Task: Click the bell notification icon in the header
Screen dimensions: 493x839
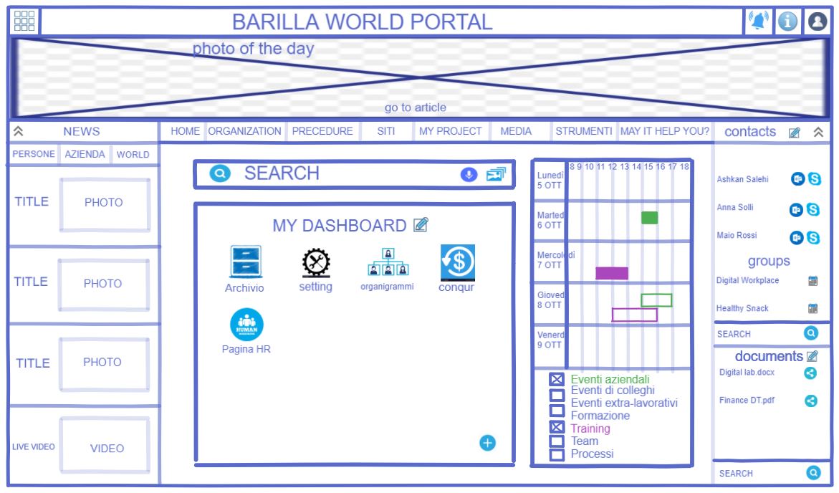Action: [x=757, y=21]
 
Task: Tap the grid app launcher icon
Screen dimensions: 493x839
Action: [x=24, y=21]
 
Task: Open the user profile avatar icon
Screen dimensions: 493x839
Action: [x=818, y=22]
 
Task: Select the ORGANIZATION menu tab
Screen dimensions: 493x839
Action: [x=244, y=132]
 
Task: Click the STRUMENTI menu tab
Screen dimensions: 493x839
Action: [x=583, y=132]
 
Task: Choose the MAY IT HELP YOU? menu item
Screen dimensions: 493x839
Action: [x=664, y=132]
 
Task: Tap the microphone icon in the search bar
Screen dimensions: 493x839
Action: [x=469, y=174]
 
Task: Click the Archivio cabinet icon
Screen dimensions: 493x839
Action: [x=244, y=262]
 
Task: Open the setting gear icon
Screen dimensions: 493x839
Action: [x=316, y=263]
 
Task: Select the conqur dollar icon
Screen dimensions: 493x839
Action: [x=456, y=263]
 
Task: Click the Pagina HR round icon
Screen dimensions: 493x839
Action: [x=246, y=325]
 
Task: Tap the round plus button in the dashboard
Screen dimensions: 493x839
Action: [x=487, y=443]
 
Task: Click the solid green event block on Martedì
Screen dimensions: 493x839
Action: [x=649, y=218]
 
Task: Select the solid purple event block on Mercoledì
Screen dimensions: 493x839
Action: [x=611, y=273]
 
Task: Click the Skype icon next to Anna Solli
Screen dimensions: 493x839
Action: [x=814, y=209]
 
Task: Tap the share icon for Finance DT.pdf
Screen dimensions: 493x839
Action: [x=811, y=401]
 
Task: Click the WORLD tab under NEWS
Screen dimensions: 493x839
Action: [x=133, y=155]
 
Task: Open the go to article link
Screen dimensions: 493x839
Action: [x=415, y=108]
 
